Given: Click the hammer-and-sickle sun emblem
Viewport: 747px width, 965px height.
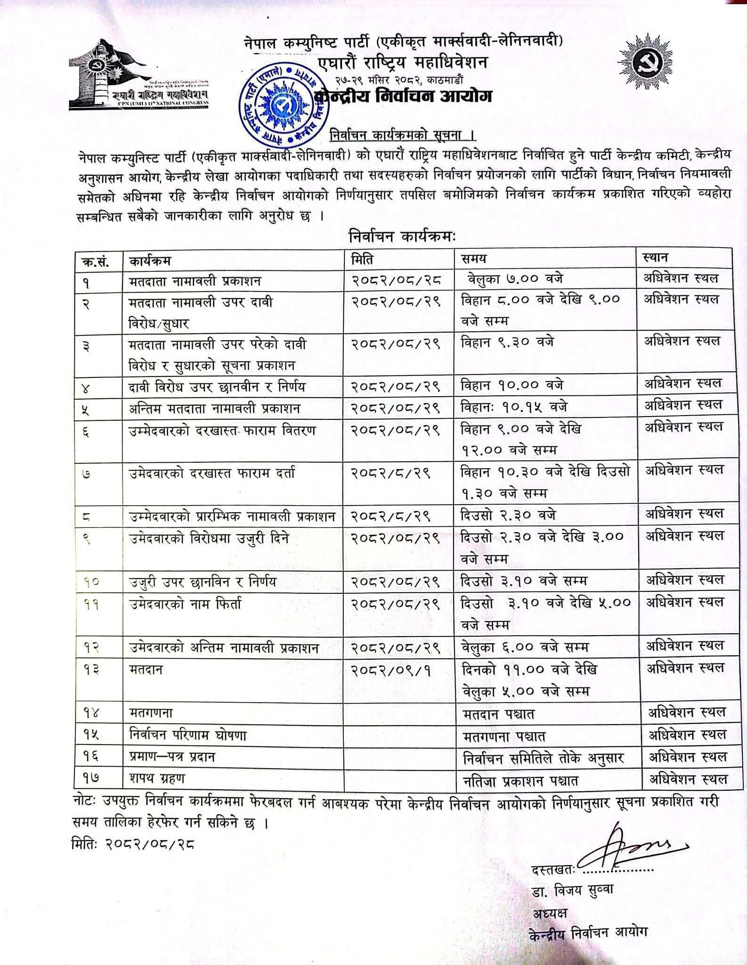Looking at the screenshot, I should tap(649, 63).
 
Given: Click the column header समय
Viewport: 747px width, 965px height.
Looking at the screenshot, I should tap(474, 259).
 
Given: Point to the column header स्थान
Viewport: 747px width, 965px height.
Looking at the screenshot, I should tap(655, 258).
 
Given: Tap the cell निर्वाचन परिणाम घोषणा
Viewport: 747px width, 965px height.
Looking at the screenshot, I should tap(188, 735).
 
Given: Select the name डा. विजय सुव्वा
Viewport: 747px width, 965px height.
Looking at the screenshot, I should tap(572, 890).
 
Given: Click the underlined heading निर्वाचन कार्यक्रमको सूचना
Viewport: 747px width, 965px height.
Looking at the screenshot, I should tap(402, 136).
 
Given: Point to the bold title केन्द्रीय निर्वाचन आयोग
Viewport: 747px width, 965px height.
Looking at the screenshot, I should tap(403, 96).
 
